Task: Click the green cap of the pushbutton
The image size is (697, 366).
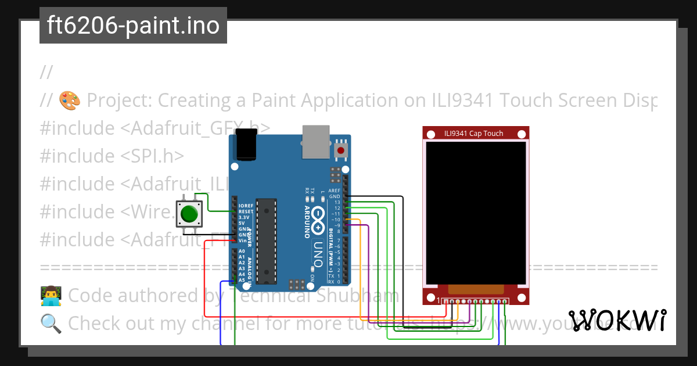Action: pyautogui.click(x=189, y=214)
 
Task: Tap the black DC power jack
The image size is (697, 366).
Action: pyautogui.click(x=245, y=145)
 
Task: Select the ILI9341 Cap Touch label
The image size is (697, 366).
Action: pyautogui.click(x=473, y=133)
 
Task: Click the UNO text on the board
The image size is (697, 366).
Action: pyautogui.click(x=317, y=253)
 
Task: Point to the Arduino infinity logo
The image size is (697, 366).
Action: pyautogui.click(x=318, y=218)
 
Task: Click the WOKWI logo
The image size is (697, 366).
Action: pyautogui.click(x=617, y=320)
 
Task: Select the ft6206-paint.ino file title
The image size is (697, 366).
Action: pyautogui.click(x=133, y=26)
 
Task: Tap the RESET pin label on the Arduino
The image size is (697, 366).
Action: pyautogui.click(x=245, y=211)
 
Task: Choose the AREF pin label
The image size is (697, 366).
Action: pyautogui.click(x=335, y=191)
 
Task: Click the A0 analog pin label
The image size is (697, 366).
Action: pyautogui.click(x=242, y=251)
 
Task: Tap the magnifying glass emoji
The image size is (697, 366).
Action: pyautogui.click(x=51, y=322)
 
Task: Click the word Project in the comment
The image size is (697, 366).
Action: pyautogui.click(x=119, y=101)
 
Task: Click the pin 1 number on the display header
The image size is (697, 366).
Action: pyautogui.click(x=438, y=300)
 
